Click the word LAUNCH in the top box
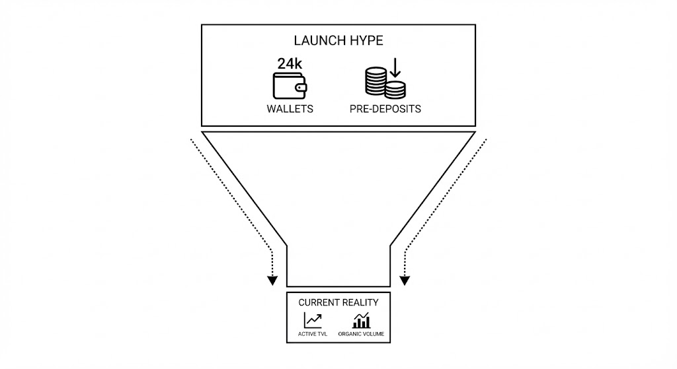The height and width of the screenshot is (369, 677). tap(321, 41)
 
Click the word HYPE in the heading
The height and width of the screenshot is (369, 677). tap(367, 41)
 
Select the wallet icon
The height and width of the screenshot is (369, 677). tap(290, 86)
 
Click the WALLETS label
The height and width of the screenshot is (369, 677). tap(290, 109)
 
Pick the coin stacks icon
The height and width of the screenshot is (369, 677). tap(385, 83)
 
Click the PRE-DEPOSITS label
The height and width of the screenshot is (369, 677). tap(385, 109)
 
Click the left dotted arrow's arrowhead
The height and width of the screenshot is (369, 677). tap(272, 281)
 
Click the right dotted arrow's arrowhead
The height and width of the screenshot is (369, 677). tap(405, 281)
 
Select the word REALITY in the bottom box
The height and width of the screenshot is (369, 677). tap(361, 302)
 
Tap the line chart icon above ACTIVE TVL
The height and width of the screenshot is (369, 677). tap(313, 320)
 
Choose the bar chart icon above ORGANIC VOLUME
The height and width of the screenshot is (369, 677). tap(361, 321)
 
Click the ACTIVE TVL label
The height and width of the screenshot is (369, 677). tap(313, 335)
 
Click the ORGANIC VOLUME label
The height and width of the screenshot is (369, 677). tap(361, 335)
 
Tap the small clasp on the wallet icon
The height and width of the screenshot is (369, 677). tap(301, 87)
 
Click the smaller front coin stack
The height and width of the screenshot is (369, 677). tap(396, 90)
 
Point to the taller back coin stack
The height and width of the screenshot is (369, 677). tap(376, 81)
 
